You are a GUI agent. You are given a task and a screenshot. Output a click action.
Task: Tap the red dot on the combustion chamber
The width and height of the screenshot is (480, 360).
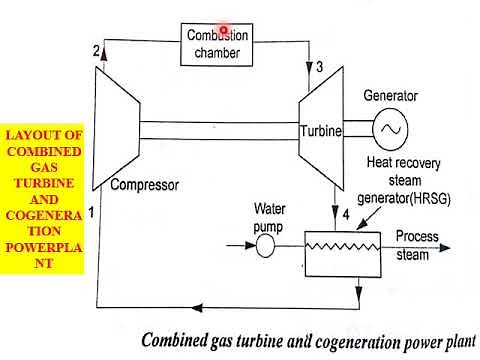point(224,31)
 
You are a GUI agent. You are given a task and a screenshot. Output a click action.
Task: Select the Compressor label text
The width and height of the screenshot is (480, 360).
point(144,185)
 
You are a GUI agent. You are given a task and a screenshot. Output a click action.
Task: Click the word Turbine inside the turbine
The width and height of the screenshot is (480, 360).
point(321,131)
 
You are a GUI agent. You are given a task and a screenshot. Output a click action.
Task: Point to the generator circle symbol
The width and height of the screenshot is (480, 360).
point(389,128)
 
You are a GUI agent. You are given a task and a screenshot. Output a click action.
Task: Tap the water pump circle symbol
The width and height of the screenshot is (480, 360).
point(265,246)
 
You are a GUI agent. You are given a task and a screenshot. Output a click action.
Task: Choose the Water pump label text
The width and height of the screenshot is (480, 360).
point(270,218)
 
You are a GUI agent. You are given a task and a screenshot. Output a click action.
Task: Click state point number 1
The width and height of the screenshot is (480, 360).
point(91,212)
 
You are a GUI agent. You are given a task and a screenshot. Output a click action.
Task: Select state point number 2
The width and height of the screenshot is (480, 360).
point(96,51)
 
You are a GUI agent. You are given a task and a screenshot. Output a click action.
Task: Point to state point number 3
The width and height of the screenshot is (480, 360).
point(319,68)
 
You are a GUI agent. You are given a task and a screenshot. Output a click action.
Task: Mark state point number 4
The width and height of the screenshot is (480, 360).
point(345,215)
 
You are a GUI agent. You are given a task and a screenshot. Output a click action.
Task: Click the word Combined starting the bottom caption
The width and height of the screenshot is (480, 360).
point(177,339)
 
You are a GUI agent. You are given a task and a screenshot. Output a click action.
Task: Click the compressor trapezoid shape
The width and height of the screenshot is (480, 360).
point(118,129)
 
